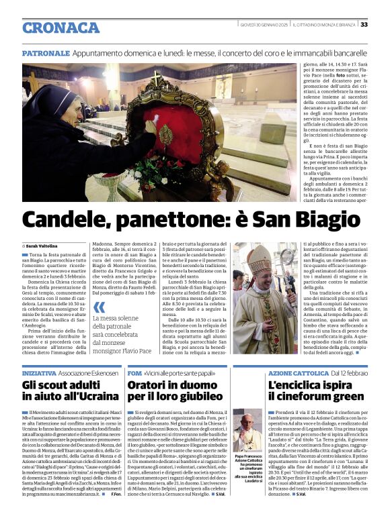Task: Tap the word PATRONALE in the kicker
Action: pyautogui.click(x=45, y=52)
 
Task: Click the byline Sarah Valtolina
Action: pyautogui.click(x=44, y=246)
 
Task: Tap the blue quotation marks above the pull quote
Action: pyautogui.click(x=99, y=308)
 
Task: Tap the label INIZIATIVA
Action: pyautogui.click(x=39, y=372)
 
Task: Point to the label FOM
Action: pyautogui.click(x=134, y=372)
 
